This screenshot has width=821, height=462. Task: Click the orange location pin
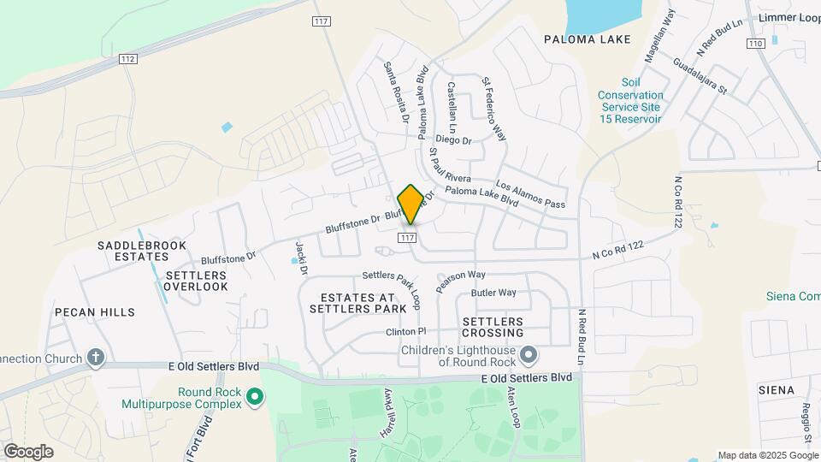coord(410,204)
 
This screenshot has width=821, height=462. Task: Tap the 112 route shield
coord(127,58)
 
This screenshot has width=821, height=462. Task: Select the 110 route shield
coord(754,43)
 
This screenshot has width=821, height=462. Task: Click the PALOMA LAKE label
coord(588,39)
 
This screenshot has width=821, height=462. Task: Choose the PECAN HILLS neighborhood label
coord(95,312)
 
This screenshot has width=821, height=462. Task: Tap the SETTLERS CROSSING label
coord(493,326)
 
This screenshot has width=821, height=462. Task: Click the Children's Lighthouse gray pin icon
coord(529,353)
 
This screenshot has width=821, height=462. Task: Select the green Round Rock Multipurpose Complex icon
coord(254,397)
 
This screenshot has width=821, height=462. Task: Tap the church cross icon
coord(96,358)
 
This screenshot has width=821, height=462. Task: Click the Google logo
coord(28,451)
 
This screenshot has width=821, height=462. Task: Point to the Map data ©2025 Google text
coord(767,455)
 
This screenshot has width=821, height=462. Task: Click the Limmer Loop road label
coord(784,17)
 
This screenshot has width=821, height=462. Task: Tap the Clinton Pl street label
coord(405,331)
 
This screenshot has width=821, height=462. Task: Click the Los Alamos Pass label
coord(530,196)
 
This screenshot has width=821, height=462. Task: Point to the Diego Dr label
coord(453,139)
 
